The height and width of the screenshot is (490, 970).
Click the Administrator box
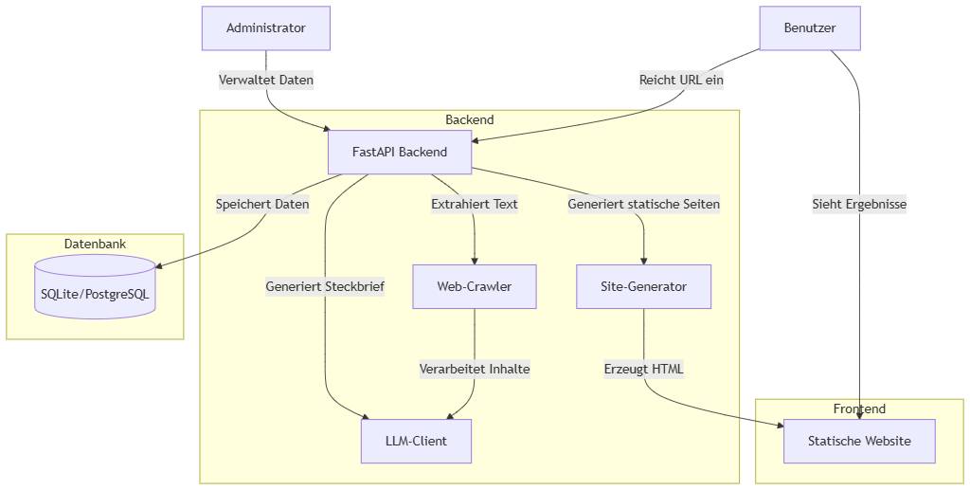(x=265, y=28)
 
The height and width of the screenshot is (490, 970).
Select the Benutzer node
(x=810, y=28)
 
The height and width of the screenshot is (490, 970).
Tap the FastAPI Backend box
(x=399, y=152)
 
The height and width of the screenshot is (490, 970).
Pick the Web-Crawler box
(x=474, y=286)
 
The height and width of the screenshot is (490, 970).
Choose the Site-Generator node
(x=643, y=286)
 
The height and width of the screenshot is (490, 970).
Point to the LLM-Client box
(x=416, y=441)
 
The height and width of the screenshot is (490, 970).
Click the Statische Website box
(x=859, y=441)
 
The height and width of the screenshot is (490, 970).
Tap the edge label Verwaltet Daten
(x=265, y=81)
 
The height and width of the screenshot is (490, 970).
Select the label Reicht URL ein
(x=681, y=81)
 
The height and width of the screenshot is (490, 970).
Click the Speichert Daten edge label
(x=262, y=204)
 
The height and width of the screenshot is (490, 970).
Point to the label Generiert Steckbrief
(x=325, y=287)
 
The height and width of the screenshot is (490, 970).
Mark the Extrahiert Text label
(x=474, y=204)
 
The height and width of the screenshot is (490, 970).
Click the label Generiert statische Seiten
(x=643, y=204)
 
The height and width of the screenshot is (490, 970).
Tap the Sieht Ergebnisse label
(x=859, y=204)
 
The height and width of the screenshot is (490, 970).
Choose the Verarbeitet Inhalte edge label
(x=474, y=369)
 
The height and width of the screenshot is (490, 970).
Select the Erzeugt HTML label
(x=643, y=369)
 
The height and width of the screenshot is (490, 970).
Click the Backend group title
(x=469, y=120)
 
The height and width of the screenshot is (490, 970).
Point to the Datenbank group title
(x=95, y=245)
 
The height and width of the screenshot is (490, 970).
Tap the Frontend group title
(x=859, y=409)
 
